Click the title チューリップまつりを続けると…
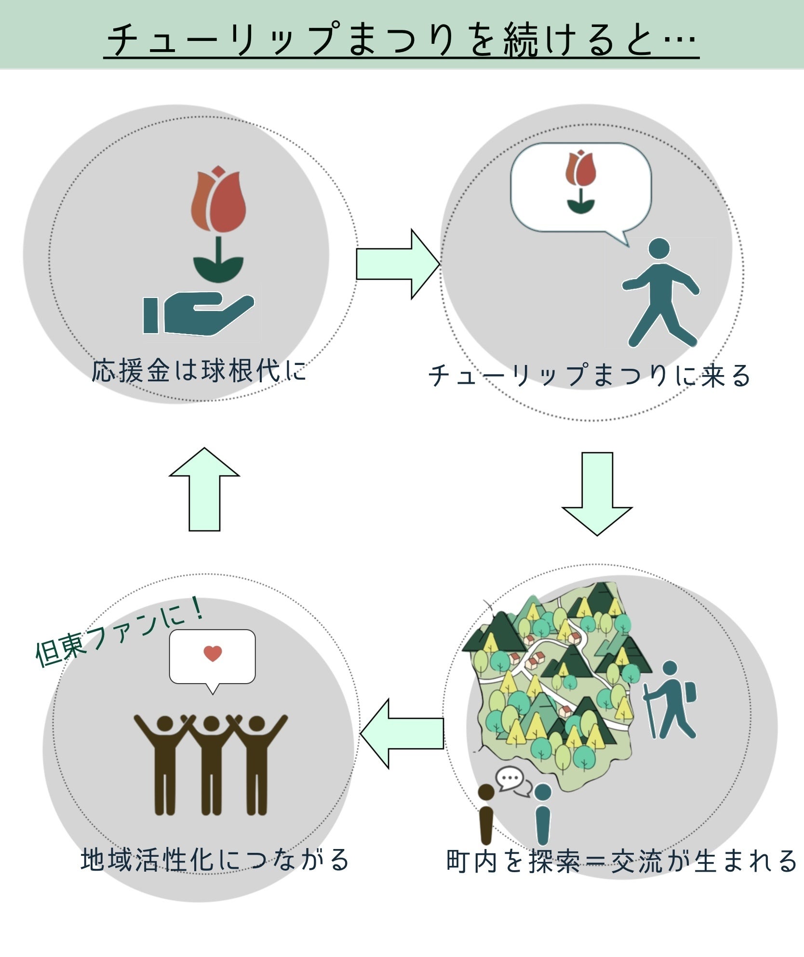pyautogui.click(x=402, y=39)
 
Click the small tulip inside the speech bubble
pyautogui.click(x=581, y=181)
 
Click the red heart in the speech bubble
pyautogui.click(x=213, y=653)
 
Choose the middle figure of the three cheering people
pyautogui.click(x=211, y=764)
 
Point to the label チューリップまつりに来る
pyautogui.click(x=589, y=376)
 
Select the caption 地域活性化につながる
pyautogui.click(x=214, y=860)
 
